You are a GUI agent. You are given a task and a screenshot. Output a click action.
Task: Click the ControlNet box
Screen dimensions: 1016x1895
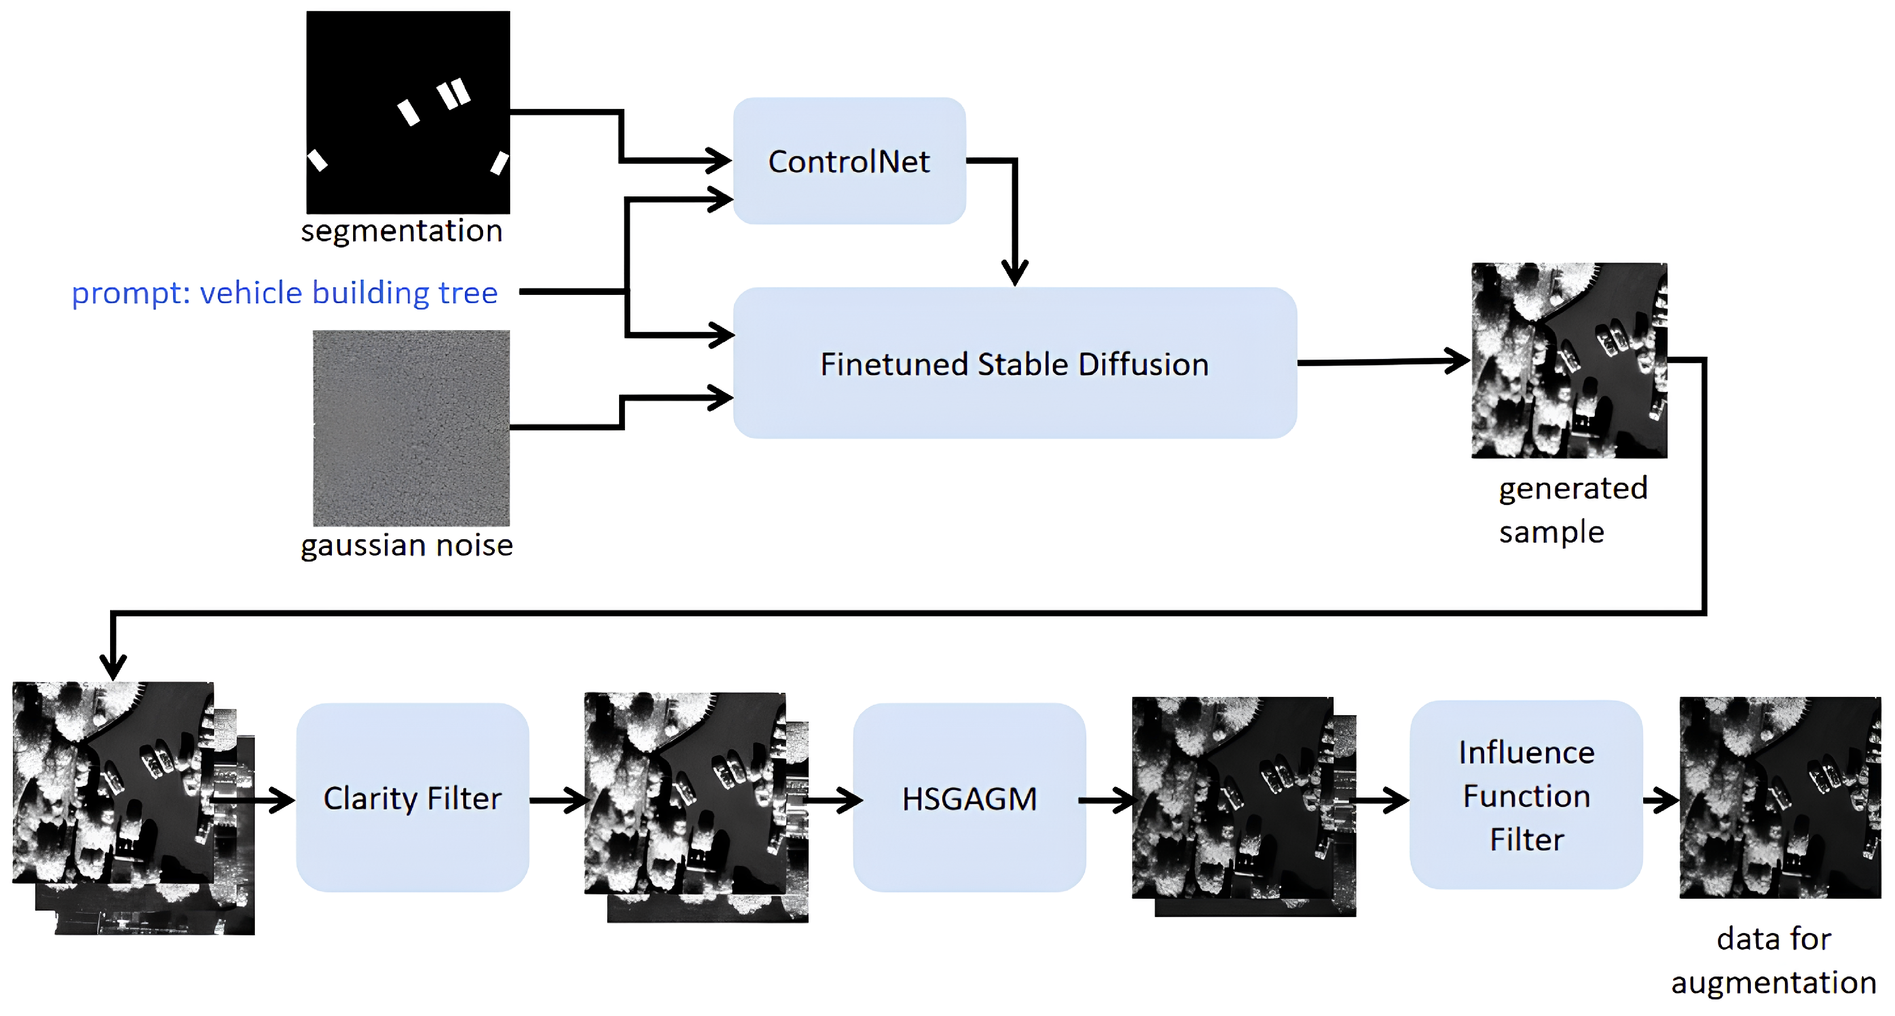[849, 161]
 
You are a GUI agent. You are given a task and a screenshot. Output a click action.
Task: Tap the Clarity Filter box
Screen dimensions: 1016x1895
[412, 798]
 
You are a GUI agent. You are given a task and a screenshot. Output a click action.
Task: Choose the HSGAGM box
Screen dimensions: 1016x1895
[969, 798]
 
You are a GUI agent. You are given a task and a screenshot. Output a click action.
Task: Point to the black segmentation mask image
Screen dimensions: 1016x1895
[407, 112]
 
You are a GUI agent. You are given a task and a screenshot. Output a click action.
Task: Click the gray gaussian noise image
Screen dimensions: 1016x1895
[411, 427]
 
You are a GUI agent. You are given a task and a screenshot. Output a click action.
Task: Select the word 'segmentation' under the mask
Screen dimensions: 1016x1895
[401, 231]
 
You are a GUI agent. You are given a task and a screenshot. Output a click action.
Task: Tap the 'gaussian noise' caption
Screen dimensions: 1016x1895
[407, 545]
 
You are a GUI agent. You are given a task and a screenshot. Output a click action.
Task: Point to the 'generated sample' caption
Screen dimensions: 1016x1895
[1572, 509]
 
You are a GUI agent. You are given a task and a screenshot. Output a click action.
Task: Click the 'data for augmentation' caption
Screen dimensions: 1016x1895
[1774, 960]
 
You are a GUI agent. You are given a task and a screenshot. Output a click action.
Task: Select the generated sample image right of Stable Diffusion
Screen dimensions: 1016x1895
[1568, 360]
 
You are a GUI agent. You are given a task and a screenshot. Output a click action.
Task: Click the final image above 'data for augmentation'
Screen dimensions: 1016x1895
[1780, 797]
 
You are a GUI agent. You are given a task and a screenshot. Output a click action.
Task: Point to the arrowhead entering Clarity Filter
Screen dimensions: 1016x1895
[283, 799]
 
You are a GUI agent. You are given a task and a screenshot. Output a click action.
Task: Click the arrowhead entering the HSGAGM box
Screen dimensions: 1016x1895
[850, 799]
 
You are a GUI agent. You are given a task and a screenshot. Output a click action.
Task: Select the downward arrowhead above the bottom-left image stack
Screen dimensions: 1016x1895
[112, 668]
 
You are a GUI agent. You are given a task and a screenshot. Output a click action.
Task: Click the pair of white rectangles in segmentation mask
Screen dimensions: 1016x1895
[453, 94]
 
